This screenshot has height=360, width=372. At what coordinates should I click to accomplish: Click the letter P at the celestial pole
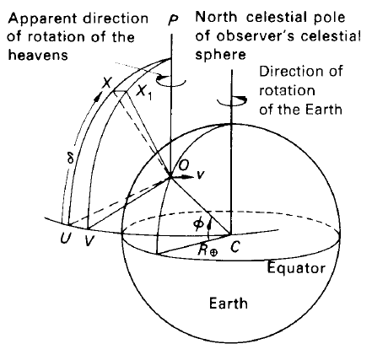coord(173,19)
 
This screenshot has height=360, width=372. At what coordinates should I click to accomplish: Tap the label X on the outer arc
coord(107,82)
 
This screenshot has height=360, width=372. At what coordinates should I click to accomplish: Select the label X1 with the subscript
coord(144,92)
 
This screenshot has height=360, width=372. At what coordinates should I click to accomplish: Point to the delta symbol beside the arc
coord(70,159)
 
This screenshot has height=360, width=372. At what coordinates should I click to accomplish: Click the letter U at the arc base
coord(66,239)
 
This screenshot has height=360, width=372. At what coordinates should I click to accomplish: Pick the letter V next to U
coord(89,239)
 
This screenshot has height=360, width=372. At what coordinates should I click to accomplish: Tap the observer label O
coord(184,165)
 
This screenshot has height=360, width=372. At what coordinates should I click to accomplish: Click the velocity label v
coord(199,175)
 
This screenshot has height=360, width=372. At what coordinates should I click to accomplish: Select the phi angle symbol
coord(198,224)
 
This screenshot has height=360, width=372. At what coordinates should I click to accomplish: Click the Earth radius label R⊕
coord(208,250)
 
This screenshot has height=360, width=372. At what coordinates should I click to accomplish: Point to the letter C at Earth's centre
coord(235,247)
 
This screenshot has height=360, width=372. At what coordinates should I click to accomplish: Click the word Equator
coord(296,268)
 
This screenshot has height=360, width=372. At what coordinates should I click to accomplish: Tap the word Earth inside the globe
coord(229,304)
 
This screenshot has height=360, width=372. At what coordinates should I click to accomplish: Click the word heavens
coord(38,55)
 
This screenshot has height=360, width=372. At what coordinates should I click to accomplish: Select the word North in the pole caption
coord(216,17)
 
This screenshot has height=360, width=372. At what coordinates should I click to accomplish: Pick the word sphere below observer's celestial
coord(220,54)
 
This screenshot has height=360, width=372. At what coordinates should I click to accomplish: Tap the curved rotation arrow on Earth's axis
coord(232,101)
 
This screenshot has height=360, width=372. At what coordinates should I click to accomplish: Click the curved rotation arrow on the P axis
coord(171,80)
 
